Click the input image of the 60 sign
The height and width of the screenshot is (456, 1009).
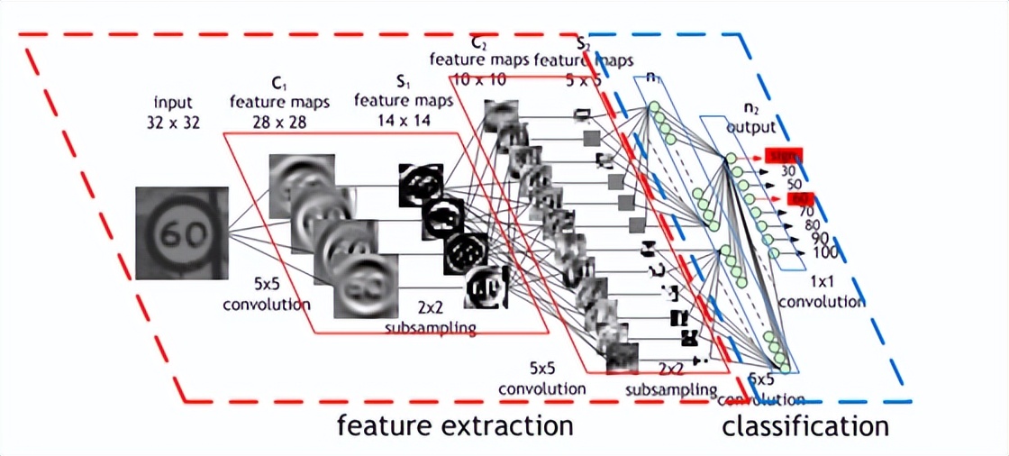pos(181,232)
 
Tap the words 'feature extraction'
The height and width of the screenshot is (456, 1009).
pos(455,424)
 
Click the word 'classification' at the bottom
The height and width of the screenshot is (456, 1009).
pos(804,425)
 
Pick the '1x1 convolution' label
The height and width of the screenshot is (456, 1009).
pos(821,293)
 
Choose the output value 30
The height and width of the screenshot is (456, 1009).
pos(787,170)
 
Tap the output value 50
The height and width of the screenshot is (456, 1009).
pos(793,184)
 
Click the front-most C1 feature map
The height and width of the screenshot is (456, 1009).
pos(366,285)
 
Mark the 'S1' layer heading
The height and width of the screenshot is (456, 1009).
pos(401,82)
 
